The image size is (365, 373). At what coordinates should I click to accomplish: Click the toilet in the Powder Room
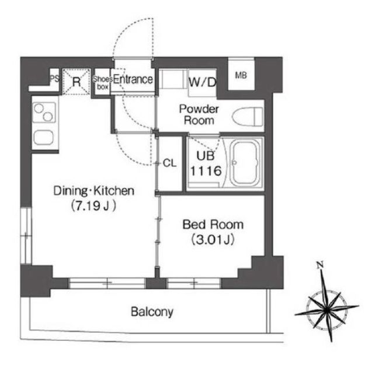pyautogui.click(x=248, y=117)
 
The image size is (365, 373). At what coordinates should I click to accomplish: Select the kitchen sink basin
pyautogui.click(x=43, y=138)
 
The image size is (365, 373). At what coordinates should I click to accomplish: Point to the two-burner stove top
pyautogui.click(x=44, y=113)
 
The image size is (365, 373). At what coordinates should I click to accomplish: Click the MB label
pyautogui.click(x=241, y=76)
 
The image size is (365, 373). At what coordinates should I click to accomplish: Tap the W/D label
pyautogui.click(x=203, y=82)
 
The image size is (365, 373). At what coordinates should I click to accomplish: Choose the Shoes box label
pyautogui.click(x=103, y=82)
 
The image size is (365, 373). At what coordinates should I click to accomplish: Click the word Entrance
pyautogui.click(x=133, y=79)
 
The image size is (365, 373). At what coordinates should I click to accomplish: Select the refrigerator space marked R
pyautogui.click(x=77, y=82)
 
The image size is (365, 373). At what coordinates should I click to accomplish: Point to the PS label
pyautogui.click(x=55, y=78)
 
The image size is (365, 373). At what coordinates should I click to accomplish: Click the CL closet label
pyautogui.click(x=169, y=163)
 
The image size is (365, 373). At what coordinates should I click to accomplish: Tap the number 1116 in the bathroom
pyautogui.click(x=206, y=170)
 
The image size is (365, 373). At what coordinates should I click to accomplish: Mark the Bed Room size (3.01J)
pyautogui.click(x=213, y=239)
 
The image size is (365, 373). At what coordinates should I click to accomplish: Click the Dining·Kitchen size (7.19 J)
pyautogui.click(x=93, y=206)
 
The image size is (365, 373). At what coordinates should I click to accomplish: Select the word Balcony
pyautogui.click(x=152, y=312)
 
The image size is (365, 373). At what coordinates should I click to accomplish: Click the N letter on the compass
pyautogui.click(x=320, y=264)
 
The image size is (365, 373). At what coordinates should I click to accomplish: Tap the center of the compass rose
pyautogui.click(x=327, y=309)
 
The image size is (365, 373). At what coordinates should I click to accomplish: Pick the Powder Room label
pyautogui.click(x=199, y=114)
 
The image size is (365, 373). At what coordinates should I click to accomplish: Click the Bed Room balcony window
pyautogui.click(x=194, y=283)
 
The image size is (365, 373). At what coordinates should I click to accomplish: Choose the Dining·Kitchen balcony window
pyautogui.click(x=107, y=283)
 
